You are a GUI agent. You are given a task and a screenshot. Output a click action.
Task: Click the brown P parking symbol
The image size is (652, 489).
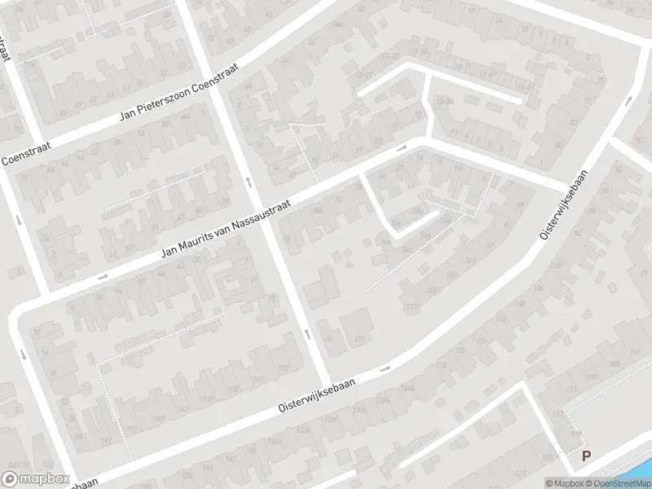(585, 456)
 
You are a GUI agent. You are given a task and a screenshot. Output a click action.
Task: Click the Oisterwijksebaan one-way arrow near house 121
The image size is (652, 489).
(385, 368)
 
